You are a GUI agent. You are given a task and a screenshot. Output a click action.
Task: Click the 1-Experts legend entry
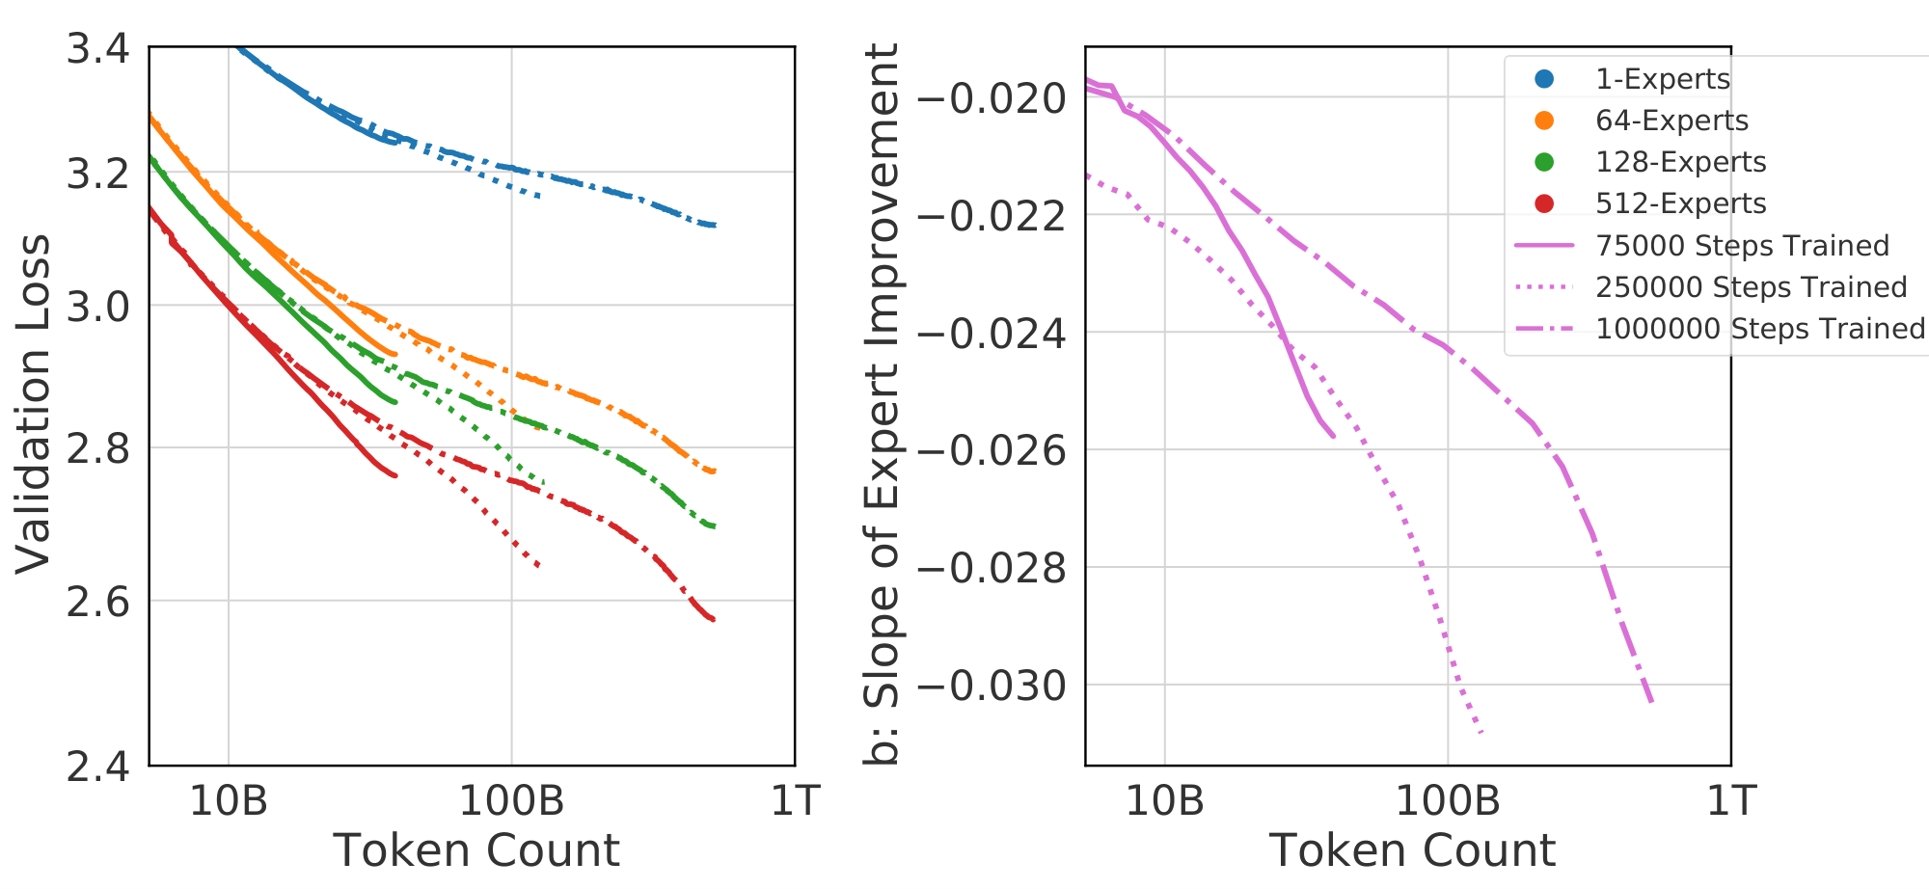[x=1663, y=79]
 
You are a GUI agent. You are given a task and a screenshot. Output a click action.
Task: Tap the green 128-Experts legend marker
[x=1544, y=162]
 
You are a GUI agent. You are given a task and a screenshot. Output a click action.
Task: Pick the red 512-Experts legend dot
[x=1544, y=203]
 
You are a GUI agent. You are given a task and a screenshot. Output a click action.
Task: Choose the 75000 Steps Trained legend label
[x=1742, y=246]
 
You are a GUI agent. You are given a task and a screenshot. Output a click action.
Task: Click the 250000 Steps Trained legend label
[x=1751, y=287]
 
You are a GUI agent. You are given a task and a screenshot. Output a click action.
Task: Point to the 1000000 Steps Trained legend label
[x=1760, y=329]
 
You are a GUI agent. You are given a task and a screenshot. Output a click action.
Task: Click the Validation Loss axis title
[x=33, y=405]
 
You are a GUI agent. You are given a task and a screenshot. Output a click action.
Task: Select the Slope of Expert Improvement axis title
[x=881, y=405]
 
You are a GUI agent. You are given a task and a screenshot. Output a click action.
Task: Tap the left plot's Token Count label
[x=475, y=850]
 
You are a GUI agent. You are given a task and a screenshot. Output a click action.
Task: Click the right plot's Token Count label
[x=1412, y=850]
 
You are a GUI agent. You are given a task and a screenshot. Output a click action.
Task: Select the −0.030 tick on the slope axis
[x=992, y=687]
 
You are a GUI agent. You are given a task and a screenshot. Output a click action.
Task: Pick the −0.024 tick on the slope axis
[x=992, y=334]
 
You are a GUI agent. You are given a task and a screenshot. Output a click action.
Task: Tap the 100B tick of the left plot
[x=511, y=801]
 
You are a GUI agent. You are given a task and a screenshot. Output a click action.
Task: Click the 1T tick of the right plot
[x=1731, y=801]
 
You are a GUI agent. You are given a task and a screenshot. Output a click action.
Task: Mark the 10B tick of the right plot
[x=1165, y=801]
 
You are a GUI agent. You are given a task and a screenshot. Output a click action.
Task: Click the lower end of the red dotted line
[x=537, y=565]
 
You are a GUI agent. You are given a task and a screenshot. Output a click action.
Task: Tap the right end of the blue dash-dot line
[x=715, y=226]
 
